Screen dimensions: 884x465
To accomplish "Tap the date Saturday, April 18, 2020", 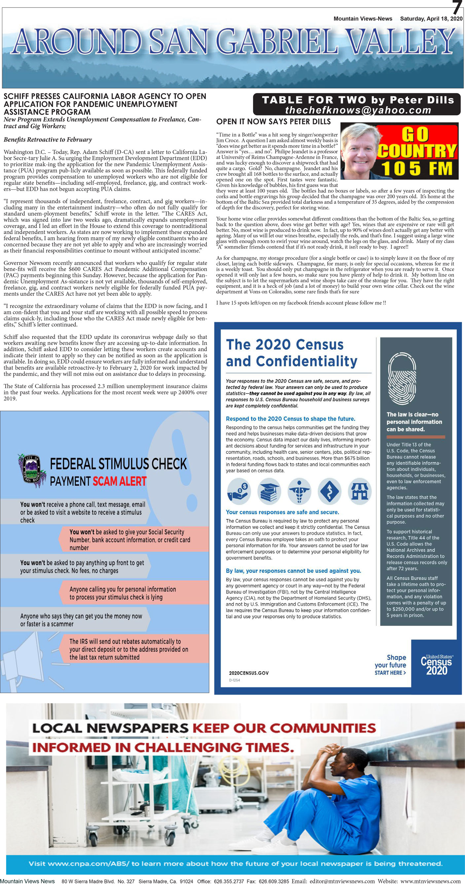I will (x=431, y=19).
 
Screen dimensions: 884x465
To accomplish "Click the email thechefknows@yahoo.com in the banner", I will (x=358, y=110).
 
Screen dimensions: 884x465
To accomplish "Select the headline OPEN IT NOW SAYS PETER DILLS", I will (x=273, y=122).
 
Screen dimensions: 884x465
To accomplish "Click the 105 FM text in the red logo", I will (x=417, y=169).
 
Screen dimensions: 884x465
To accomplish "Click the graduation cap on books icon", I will (x=269, y=491).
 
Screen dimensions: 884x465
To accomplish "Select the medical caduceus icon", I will (x=299, y=491).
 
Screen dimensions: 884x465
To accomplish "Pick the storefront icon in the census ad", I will (x=359, y=491).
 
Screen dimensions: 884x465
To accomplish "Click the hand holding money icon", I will (x=239, y=491).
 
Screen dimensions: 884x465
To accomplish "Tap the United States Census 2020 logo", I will (x=436, y=665).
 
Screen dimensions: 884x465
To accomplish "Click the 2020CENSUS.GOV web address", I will (x=249, y=673).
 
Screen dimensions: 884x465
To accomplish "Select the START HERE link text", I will (x=390, y=673).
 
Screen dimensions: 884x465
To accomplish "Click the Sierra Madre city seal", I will (x=32, y=470).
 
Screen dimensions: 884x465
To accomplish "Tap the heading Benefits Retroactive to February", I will (x=48, y=140).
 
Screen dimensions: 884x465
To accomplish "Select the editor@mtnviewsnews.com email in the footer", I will (x=342, y=881).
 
